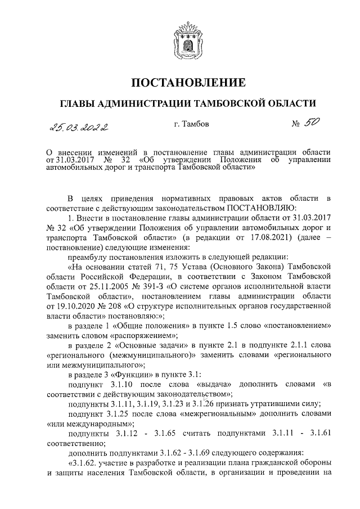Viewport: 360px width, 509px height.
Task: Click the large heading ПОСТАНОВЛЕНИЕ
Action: (188, 83)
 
